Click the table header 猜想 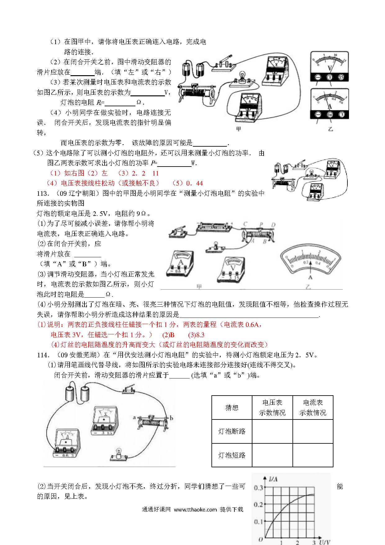point(232,408)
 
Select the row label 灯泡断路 point(232,431)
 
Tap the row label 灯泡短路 point(232,455)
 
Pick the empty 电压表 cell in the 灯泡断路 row point(272,431)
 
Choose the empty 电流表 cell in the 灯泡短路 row point(313,455)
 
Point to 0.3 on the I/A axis point(258,488)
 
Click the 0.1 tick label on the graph point(258,522)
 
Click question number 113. point(43,194)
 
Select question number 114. point(43,355)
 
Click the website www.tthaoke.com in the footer point(195,510)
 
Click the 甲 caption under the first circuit point(238,129)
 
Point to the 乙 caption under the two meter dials point(330,129)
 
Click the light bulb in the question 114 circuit point(119,452)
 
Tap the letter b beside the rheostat point(171,418)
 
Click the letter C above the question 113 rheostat point(245,224)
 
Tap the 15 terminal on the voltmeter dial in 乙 point(342,78)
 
